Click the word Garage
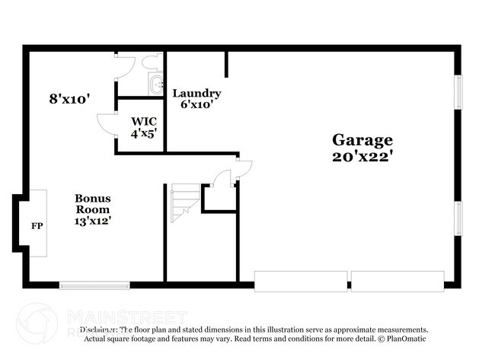(362, 140)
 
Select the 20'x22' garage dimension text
(362, 157)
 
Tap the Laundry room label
(196, 93)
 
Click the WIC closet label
(143, 121)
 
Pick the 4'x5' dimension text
(143, 132)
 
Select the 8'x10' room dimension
(70, 98)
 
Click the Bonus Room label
(91, 203)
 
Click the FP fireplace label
(36, 226)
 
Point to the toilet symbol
(149, 64)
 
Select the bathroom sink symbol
(157, 84)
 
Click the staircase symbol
(184, 202)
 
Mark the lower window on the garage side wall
(458, 218)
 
